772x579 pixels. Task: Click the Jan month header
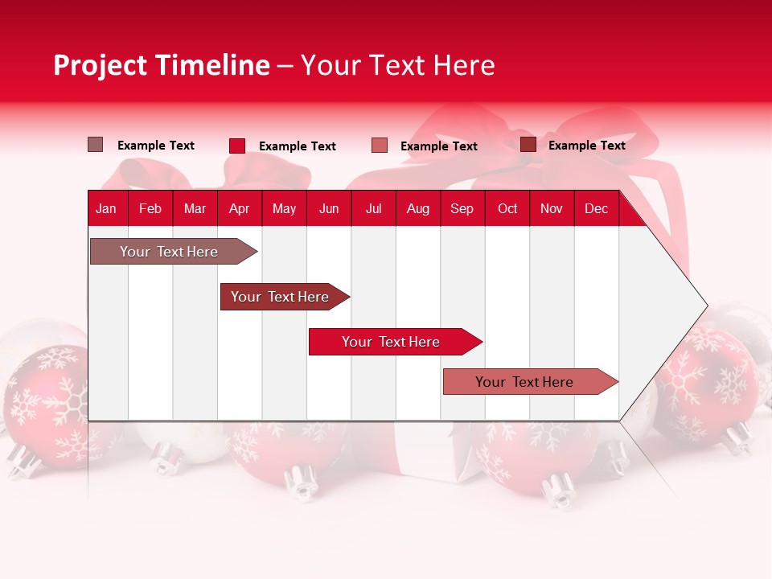(106, 208)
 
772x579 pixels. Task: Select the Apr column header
(239, 208)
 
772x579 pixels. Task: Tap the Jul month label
(373, 208)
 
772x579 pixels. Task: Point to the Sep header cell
(462, 208)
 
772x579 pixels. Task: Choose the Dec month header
(596, 208)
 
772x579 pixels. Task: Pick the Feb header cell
(150, 208)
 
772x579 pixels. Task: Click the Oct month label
(507, 208)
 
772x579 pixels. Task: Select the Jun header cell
(329, 208)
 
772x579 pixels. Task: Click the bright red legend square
(237, 146)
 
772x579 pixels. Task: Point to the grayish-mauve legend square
(96, 145)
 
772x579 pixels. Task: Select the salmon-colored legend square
(380, 146)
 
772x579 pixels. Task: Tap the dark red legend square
(528, 145)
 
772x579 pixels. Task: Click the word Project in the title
(101, 65)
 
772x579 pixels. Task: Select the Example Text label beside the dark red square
(586, 146)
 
